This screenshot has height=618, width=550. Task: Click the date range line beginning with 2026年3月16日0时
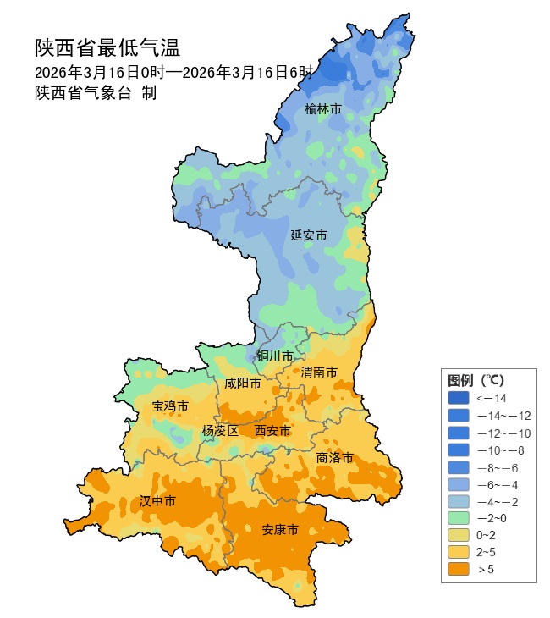[x=174, y=72]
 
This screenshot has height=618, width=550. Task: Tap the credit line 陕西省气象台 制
[x=95, y=93]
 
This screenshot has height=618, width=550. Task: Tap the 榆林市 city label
[x=323, y=109]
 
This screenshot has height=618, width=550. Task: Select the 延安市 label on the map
[x=308, y=235]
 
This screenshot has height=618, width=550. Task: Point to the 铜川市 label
[x=275, y=356]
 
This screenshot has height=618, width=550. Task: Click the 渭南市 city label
[x=319, y=372]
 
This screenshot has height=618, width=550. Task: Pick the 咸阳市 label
[x=242, y=383]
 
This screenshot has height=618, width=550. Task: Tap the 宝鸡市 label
[x=170, y=406]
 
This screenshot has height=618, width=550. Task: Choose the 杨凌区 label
[x=220, y=431]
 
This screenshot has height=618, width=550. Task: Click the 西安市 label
[x=272, y=431]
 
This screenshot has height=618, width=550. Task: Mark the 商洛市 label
[x=334, y=457]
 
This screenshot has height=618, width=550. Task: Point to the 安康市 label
[x=280, y=530]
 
